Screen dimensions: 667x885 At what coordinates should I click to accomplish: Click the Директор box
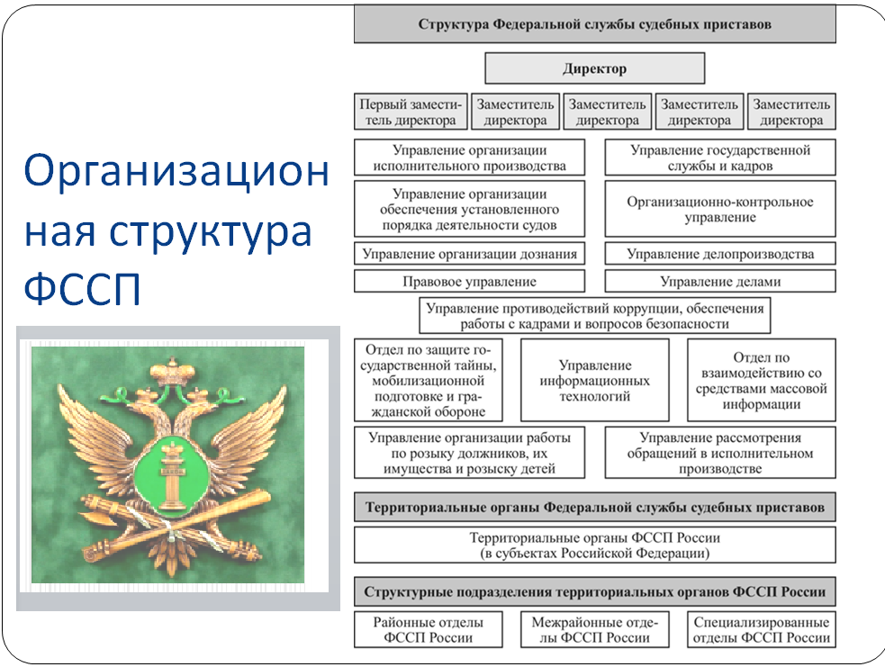(594, 68)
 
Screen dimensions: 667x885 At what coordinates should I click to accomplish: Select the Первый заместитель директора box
(411, 113)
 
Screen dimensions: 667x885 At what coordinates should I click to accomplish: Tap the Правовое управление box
(469, 282)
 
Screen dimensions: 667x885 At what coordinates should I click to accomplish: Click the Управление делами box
(719, 282)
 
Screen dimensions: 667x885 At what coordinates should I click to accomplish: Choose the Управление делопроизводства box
(719, 254)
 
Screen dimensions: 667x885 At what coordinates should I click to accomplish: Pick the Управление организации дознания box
(469, 254)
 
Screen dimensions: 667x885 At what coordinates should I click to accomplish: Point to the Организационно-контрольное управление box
(719, 210)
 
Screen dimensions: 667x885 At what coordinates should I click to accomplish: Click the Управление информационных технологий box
(594, 381)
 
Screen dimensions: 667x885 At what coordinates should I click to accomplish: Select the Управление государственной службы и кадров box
(719, 158)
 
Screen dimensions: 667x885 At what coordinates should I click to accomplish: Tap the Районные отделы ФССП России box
(428, 630)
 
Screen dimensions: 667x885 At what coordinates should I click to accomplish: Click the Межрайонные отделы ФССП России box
(594, 630)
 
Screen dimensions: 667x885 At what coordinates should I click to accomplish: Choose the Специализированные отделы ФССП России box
(761, 630)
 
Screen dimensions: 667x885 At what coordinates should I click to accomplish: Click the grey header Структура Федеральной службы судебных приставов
(594, 25)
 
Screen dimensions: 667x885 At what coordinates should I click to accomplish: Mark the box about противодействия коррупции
(594, 316)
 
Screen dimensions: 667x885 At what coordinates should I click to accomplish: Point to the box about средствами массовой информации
(761, 381)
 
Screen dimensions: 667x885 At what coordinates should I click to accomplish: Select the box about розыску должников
(469, 453)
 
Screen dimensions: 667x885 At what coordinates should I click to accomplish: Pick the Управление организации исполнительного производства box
(469, 158)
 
